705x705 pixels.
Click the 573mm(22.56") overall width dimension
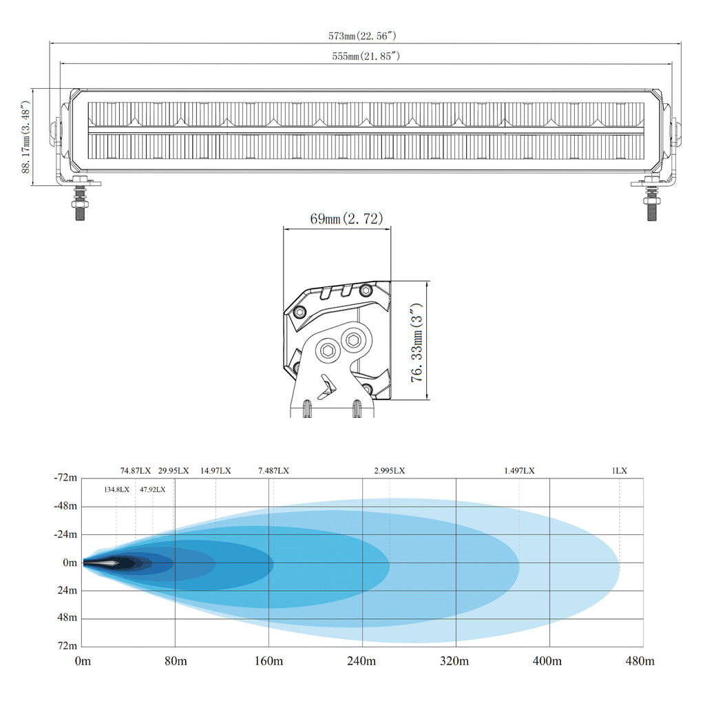point(362,36)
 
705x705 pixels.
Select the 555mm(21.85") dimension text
point(366,56)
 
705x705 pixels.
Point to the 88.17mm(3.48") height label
point(25,137)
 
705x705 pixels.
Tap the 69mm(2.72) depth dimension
point(346,218)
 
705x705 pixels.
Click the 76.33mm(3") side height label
point(417,342)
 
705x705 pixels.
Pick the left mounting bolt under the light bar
point(80,202)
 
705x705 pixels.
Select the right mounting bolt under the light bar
point(653,202)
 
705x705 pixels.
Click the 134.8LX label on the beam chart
point(116,490)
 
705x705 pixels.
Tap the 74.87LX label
point(136,471)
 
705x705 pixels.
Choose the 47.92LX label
point(152,490)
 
